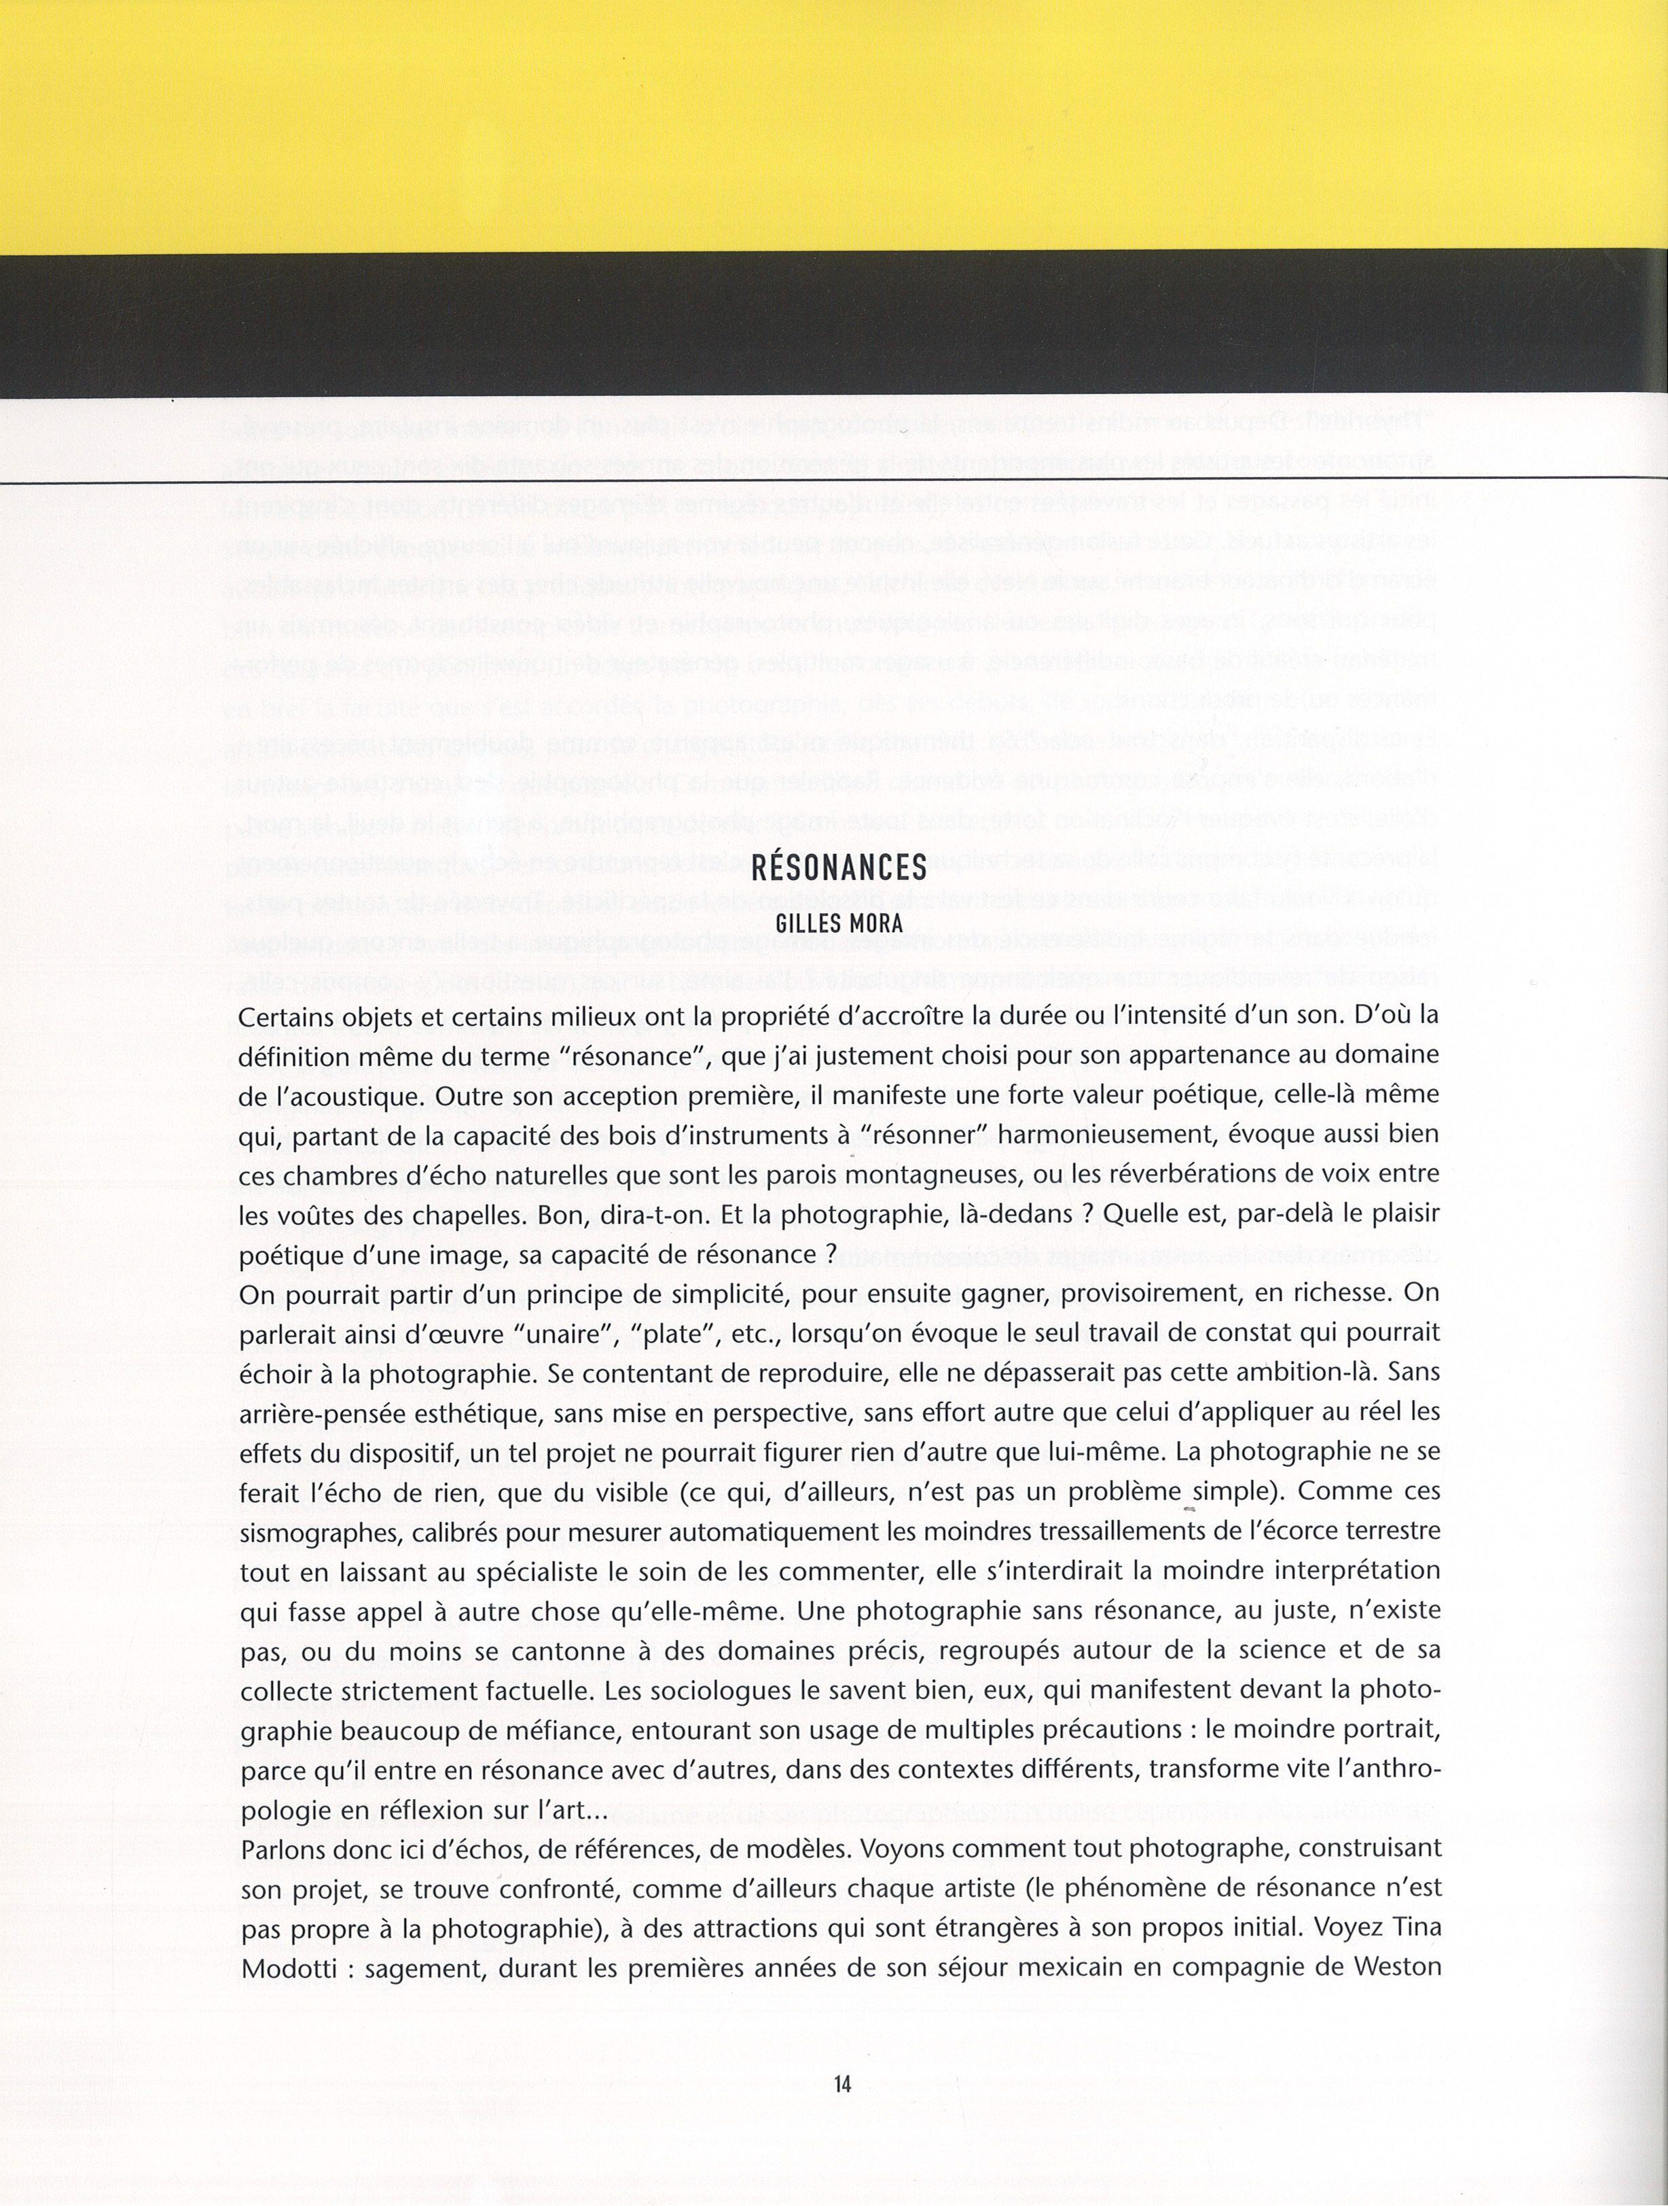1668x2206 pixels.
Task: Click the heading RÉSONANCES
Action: click(839, 867)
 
